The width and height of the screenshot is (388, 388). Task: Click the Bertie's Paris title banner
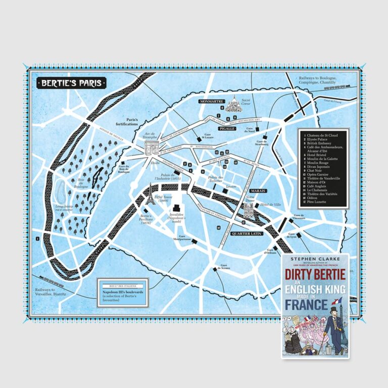(71, 82)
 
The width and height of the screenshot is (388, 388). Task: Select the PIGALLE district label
(227, 129)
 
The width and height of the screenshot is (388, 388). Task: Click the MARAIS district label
(257, 191)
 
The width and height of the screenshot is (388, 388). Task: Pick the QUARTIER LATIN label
(244, 233)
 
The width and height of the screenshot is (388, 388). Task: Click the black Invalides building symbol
(176, 208)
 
